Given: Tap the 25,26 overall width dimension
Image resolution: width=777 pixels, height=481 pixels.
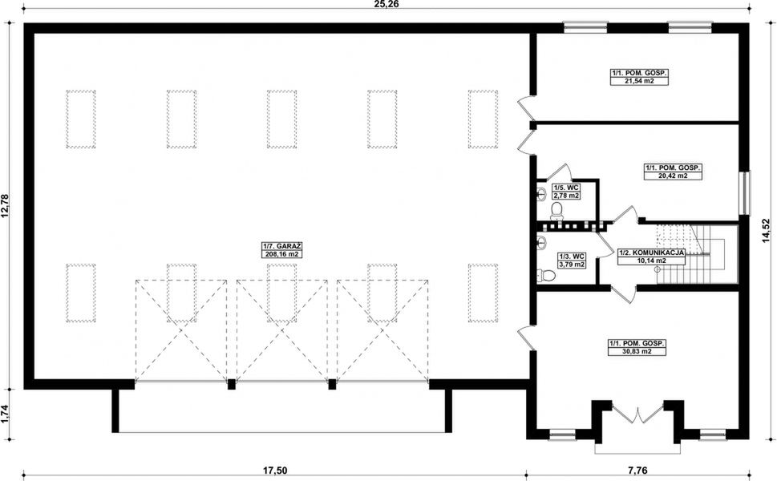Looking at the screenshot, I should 386,5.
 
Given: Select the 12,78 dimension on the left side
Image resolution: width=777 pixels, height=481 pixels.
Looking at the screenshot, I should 6,206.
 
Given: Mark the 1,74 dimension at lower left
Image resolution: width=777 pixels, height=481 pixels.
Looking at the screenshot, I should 6,413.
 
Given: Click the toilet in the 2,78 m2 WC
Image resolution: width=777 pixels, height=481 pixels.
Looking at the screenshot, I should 556,210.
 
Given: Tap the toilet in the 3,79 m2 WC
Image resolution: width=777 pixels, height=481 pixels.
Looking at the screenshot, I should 547,276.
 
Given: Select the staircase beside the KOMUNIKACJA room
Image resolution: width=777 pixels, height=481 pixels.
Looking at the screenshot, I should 696,253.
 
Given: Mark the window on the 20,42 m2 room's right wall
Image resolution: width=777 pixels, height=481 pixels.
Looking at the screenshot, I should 745,193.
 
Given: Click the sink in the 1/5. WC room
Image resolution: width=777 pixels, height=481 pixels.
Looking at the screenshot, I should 541,192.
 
